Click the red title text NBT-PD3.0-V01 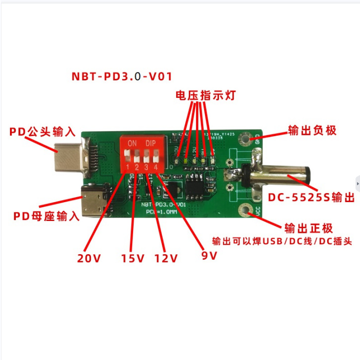click(122, 77)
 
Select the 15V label click(133, 258)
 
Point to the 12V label click(166, 258)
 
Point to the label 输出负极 click(312, 131)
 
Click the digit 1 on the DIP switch click(128, 168)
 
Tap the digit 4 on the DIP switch click(156, 168)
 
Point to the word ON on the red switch click(133, 144)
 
